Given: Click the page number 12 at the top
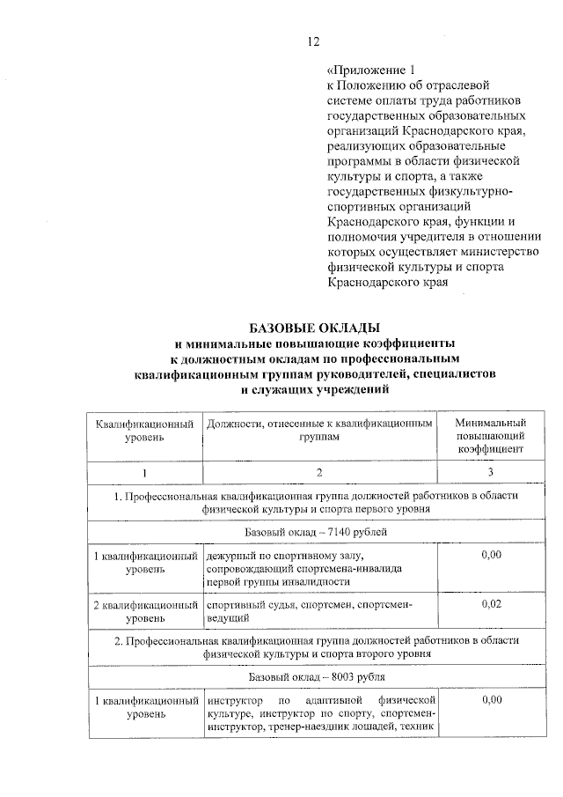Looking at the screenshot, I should click(313, 41).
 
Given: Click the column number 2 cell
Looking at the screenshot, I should click(319, 472).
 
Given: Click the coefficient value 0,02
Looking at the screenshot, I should click(492, 606).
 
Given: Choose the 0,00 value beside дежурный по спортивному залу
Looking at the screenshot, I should click(492, 555).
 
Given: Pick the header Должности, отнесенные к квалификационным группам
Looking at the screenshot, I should click(319, 430).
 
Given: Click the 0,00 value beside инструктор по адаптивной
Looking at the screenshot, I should click(492, 699).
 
